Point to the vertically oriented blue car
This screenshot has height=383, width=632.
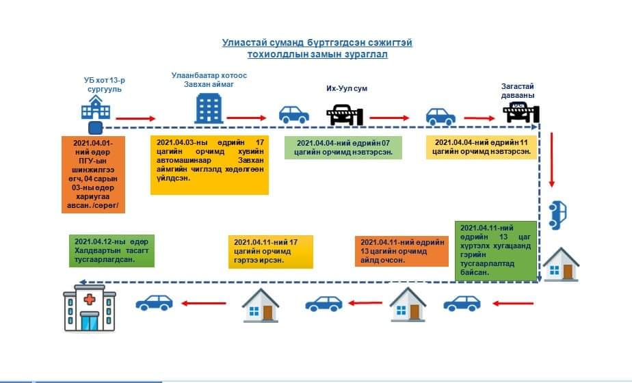point(557,214)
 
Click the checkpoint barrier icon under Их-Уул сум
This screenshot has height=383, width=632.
point(345,115)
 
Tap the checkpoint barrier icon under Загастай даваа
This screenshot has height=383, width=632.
point(523,114)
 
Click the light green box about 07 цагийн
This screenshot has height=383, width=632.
point(343,148)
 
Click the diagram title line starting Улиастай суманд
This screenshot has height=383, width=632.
point(317,43)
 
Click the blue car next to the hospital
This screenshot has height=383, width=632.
point(154,302)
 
